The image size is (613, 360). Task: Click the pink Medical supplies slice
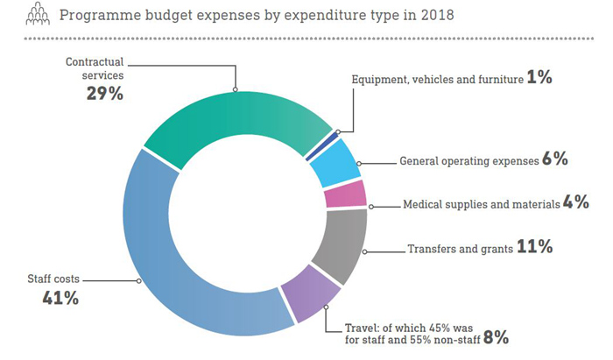pos(345,194)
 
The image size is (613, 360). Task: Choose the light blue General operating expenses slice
pos(336,162)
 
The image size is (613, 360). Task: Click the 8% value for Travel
pos(497,337)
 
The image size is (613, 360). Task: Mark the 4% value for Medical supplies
pos(575,203)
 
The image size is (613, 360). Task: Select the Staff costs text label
pos(53,279)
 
